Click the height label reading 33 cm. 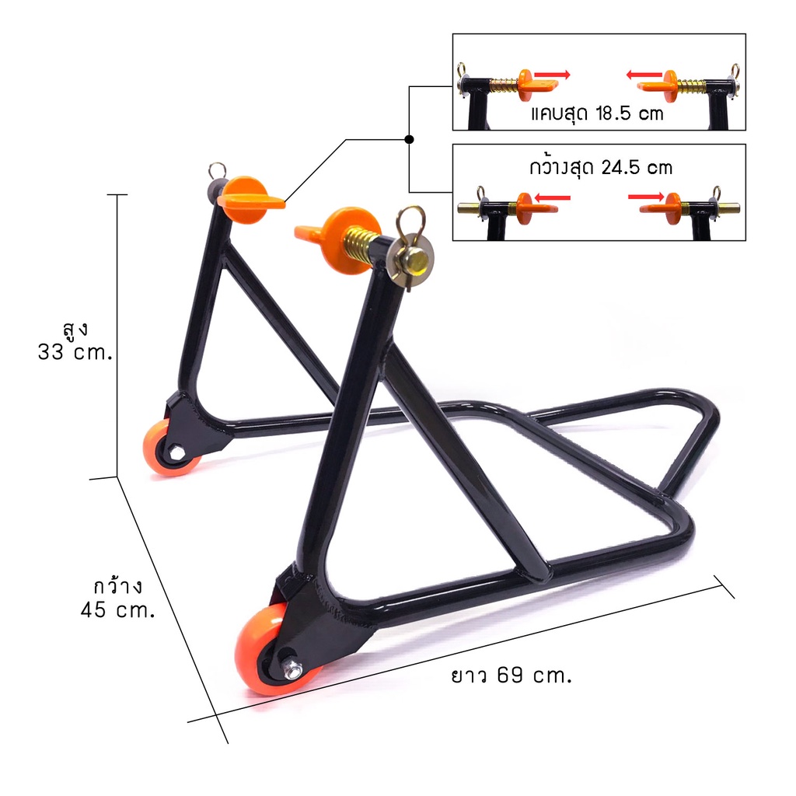(x=75, y=352)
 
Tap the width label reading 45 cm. (x=118, y=609)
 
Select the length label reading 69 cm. (x=534, y=676)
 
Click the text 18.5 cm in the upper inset (x=630, y=113)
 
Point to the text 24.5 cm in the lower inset (x=637, y=168)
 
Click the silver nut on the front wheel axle (x=293, y=669)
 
